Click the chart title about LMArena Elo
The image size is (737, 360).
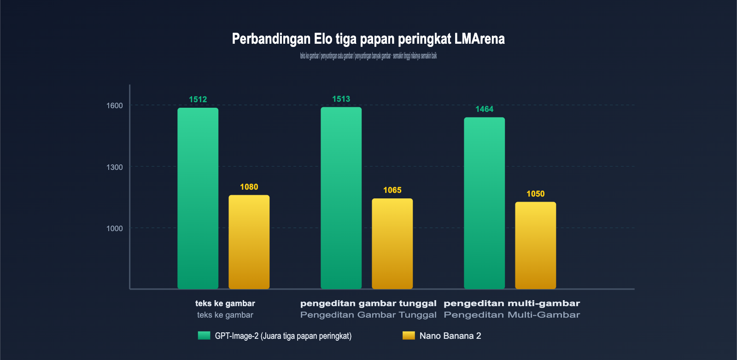(368, 39)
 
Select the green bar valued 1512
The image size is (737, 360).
(198, 198)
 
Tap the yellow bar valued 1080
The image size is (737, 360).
(249, 242)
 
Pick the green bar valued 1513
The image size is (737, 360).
(341, 198)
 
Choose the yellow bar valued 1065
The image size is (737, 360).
(392, 244)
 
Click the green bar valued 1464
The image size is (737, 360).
(485, 203)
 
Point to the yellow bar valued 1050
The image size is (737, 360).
(536, 245)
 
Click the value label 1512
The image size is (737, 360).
(198, 99)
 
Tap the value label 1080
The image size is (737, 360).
(249, 187)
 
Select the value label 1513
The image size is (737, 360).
(341, 99)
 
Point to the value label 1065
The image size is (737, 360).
(392, 190)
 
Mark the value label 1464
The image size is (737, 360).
(485, 109)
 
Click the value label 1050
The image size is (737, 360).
(536, 194)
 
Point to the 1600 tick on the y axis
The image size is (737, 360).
(115, 105)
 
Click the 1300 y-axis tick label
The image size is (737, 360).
(115, 167)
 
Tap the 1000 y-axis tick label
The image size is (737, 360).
(115, 228)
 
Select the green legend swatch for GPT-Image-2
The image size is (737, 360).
(204, 336)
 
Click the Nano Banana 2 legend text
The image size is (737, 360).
(450, 336)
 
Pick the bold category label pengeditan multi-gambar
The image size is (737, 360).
(512, 303)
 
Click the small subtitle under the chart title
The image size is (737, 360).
(368, 56)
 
